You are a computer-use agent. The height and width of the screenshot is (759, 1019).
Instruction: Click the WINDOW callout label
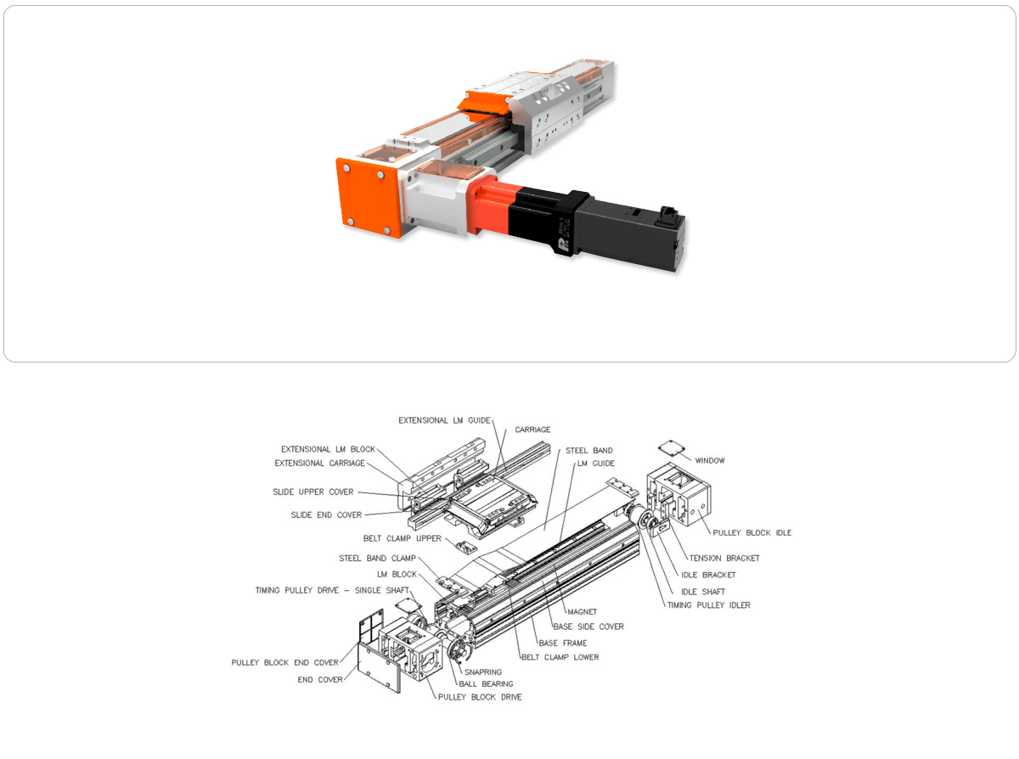pos(709,460)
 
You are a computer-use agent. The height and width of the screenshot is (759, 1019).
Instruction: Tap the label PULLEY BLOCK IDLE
pos(752,532)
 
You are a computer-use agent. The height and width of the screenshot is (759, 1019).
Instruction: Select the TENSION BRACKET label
pos(724,558)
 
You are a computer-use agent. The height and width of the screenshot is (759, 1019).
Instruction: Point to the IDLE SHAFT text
pos(703,592)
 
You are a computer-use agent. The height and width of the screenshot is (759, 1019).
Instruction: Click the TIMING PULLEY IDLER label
pos(708,605)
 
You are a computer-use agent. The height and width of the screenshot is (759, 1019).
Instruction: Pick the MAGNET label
pos(582,611)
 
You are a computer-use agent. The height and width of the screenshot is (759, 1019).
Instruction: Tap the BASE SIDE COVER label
pos(588,627)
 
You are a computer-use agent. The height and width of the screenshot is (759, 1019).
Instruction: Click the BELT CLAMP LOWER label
pos(560,657)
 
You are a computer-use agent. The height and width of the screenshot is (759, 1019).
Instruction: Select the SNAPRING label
pos(483,672)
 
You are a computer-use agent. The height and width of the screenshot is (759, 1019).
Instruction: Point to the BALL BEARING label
pos(486,683)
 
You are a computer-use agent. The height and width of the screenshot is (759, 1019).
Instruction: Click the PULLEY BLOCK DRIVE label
pos(480,697)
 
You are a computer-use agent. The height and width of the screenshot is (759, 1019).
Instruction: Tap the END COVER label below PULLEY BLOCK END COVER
pos(320,679)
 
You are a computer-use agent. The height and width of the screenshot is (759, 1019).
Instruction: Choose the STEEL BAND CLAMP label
pos(377,559)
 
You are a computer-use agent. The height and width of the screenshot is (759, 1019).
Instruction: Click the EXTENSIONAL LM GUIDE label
pos(444,420)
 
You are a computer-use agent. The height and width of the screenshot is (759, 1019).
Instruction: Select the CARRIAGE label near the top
pos(532,430)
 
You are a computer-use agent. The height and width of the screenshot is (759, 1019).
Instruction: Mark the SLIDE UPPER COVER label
pos(312,492)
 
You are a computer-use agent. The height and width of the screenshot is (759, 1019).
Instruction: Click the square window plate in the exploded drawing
pos(671,448)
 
